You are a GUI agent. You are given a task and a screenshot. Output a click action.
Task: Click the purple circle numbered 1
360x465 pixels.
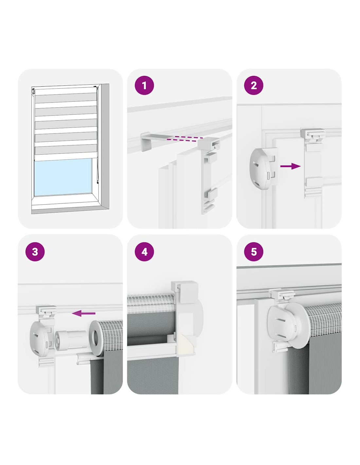[144, 86]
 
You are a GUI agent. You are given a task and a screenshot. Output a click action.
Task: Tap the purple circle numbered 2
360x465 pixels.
[254, 86]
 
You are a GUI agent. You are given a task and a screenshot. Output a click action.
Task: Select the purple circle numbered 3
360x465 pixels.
[35, 251]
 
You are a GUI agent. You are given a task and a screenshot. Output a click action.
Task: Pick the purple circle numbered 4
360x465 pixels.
[144, 251]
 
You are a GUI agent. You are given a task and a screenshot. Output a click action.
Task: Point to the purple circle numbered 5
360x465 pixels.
[254, 251]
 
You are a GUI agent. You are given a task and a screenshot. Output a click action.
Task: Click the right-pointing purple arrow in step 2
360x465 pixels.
[290, 166]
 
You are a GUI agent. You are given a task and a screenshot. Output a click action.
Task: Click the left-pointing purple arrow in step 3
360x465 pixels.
[83, 313]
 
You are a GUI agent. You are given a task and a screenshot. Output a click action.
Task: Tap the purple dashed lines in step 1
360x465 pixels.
[185, 139]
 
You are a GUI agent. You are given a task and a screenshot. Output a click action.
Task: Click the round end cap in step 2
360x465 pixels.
[263, 169]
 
